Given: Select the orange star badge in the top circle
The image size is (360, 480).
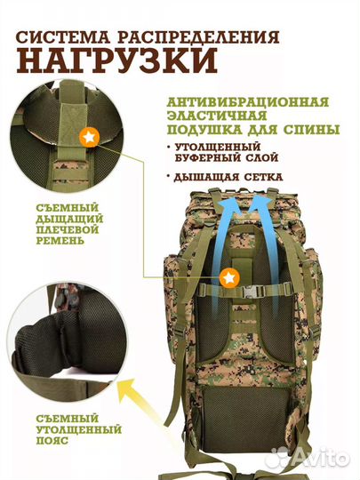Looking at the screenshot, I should point(89,138).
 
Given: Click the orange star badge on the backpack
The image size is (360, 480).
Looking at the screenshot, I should point(230,277).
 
